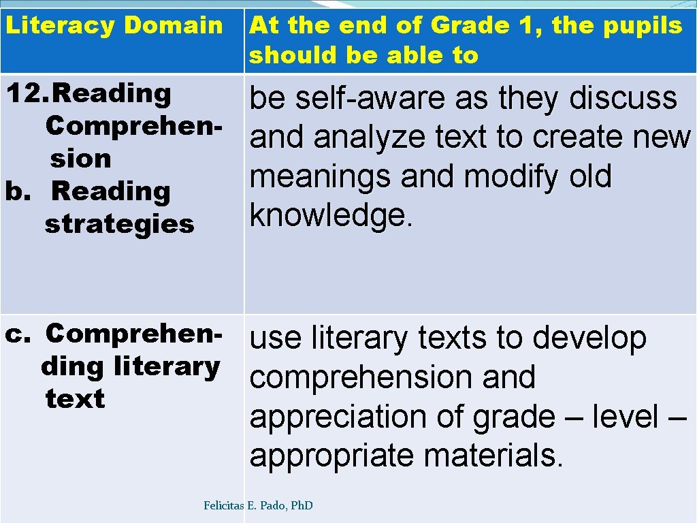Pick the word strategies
120,224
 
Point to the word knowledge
331,216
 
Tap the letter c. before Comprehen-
15,334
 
